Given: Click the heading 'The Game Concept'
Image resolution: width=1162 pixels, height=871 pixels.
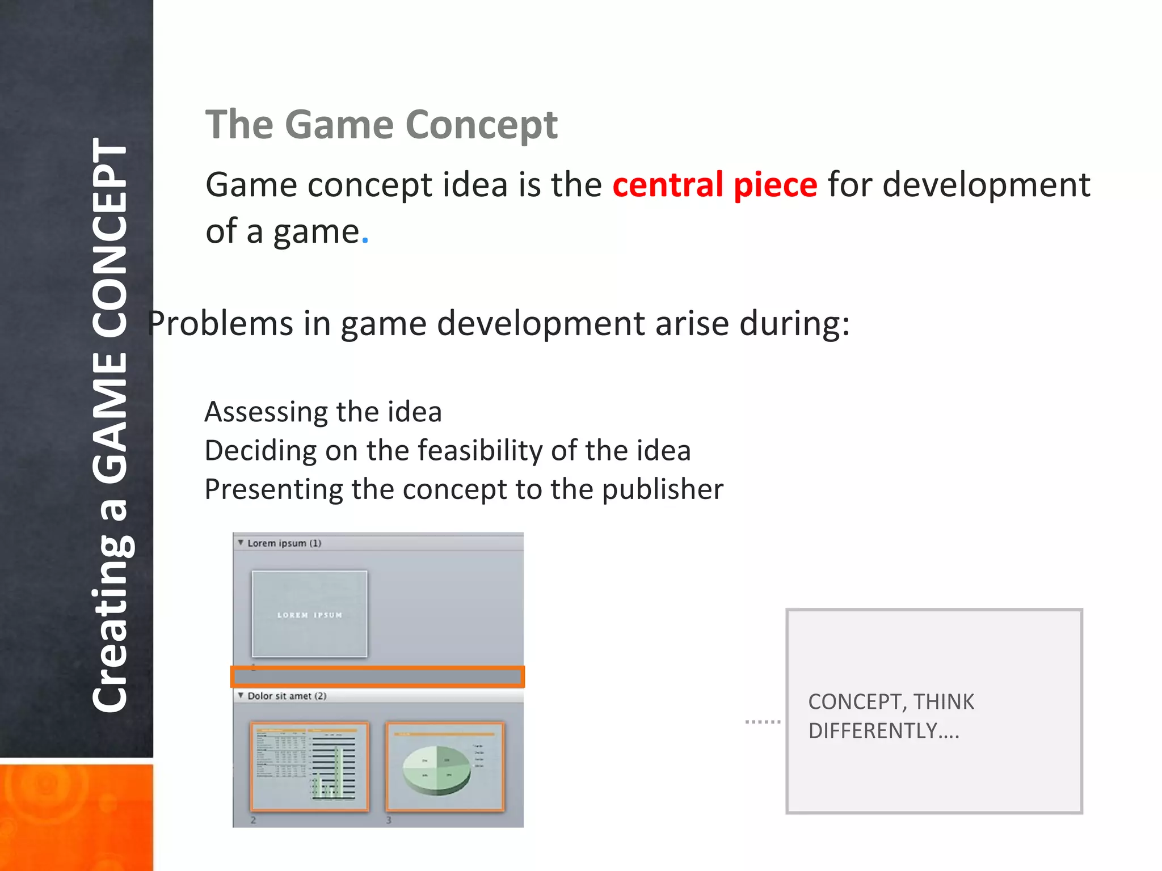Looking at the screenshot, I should [x=381, y=125].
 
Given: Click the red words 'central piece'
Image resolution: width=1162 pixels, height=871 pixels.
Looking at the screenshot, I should [x=714, y=185].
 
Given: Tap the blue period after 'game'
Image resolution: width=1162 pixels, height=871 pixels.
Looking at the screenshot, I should [x=365, y=242].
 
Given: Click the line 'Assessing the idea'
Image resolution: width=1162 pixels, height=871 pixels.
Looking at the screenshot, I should [x=323, y=412].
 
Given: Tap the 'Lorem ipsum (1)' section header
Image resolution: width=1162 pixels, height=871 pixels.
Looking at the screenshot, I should [x=284, y=543].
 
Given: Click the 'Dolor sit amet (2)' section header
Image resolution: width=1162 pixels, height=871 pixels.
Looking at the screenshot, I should [x=287, y=696].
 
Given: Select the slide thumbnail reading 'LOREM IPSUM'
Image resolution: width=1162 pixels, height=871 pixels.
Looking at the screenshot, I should [x=309, y=614].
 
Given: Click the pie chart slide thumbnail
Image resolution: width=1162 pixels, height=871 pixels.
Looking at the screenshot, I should [x=445, y=766].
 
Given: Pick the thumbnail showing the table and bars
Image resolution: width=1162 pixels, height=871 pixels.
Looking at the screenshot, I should [x=309, y=766].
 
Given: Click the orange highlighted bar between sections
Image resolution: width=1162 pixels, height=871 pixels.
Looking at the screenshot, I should [x=377, y=676].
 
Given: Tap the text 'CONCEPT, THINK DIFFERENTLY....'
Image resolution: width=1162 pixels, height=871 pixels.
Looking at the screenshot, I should [x=890, y=716].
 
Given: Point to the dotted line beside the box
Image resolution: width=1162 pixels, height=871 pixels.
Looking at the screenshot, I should [x=763, y=722].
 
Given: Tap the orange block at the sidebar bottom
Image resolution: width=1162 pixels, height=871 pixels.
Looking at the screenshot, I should [x=76, y=817].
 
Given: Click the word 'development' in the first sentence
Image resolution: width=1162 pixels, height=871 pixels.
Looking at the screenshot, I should [x=986, y=185].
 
